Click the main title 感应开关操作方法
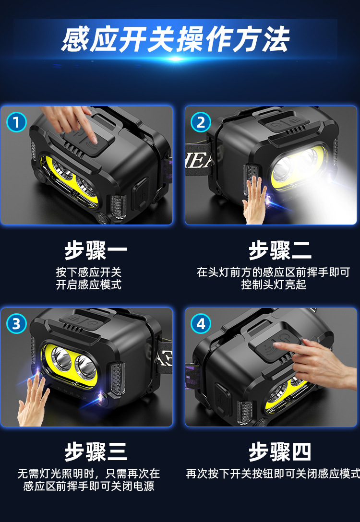point(176,39)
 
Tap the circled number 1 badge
point(16,122)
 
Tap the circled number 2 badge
point(201,122)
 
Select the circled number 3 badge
point(16,323)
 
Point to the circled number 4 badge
point(201,323)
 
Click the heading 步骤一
point(96,250)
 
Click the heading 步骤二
point(280,250)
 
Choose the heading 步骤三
point(96,452)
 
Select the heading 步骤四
point(280,452)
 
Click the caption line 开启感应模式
point(89,285)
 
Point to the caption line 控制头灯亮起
point(274,285)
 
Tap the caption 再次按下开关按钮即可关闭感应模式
point(273,474)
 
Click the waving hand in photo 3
point(33,401)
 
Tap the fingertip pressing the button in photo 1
point(93,139)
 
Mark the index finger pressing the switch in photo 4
point(287,346)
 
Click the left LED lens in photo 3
point(61,358)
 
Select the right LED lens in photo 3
point(85,367)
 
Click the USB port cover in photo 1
point(140,194)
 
